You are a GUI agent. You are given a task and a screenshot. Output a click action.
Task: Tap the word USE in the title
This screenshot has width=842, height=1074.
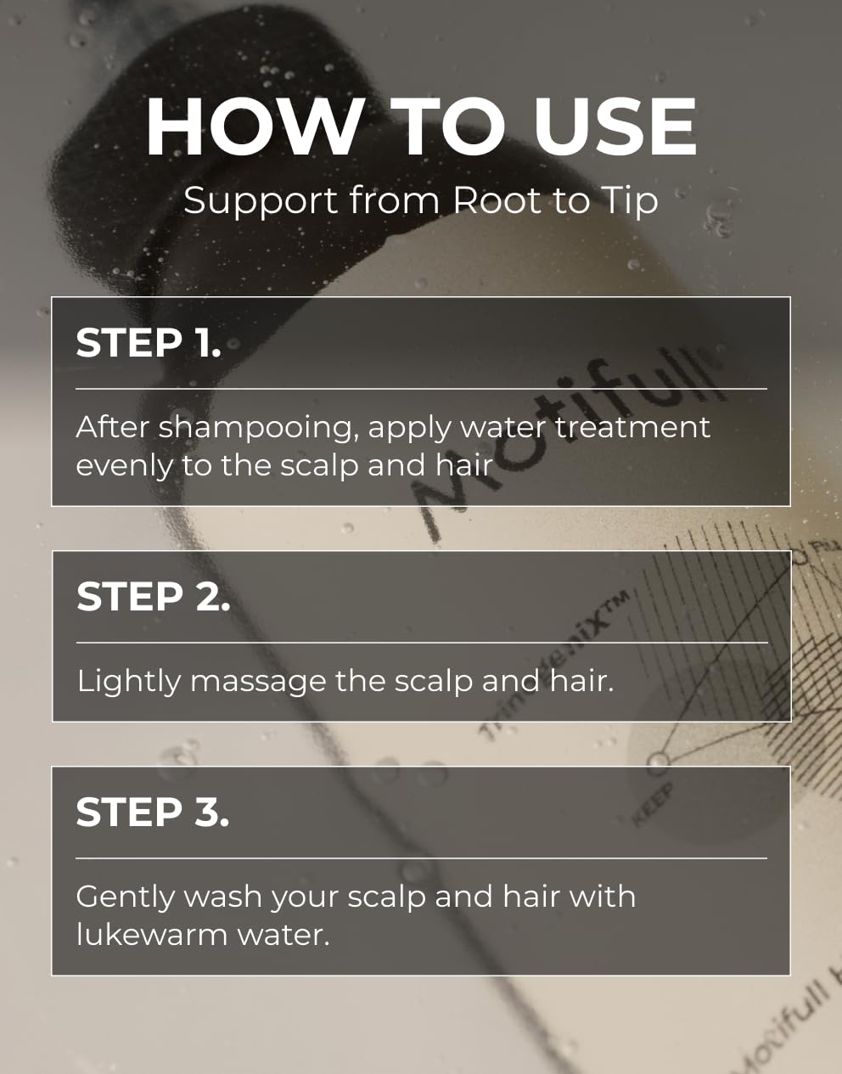tap(615, 127)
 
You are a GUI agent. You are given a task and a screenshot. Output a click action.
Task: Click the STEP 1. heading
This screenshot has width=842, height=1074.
tap(149, 343)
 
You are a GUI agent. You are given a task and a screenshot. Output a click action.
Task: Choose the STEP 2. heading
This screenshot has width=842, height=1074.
tap(153, 597)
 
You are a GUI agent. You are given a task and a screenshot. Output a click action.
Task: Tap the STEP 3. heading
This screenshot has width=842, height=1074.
tap(153, 813)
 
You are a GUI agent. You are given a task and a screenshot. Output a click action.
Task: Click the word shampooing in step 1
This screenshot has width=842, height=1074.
tap(256, 428)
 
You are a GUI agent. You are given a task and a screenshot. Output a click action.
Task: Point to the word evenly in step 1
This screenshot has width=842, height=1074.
tap(123, 466)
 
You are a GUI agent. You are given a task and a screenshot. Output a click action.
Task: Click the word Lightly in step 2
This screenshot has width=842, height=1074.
tap(128, 682)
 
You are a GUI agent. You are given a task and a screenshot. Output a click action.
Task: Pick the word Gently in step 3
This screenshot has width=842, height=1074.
tap(125, 897)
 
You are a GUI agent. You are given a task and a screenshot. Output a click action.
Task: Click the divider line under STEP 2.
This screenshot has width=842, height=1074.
tap(422, 643)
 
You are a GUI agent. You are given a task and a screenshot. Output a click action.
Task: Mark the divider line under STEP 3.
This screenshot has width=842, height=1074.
tap(422, 858)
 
